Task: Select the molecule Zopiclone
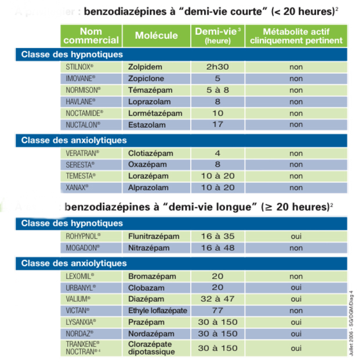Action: click(146, 78)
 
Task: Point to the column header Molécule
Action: click(157, 35)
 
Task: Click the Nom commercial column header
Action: click(91, 35)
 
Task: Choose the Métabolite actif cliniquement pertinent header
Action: click(296, 35)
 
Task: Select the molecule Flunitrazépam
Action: click(154, 236)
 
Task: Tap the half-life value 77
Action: click(217, 310)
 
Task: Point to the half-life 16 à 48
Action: click(217, 248)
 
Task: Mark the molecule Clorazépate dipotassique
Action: click(153, 347)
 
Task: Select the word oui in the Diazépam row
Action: click(296, 299)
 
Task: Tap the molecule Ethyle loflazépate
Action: click(157, 310)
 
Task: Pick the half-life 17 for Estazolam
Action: click(217, 125)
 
